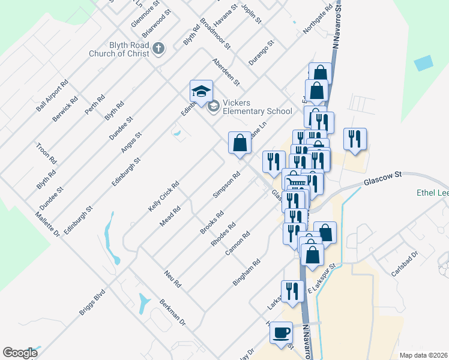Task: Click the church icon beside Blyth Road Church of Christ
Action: [x=158, y=48]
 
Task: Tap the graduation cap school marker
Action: [x=201, y=91]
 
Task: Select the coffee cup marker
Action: [x=280, y=332]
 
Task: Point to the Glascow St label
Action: [x=381, y=178]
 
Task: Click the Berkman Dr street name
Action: [x=173, y=313]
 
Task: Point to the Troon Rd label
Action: [x=47, y=153]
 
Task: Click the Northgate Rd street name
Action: [x=318, y=21]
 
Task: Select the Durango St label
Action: [x=262, y=52]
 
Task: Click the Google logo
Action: [x=20, y=353]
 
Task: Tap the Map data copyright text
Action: [x=423, y=355]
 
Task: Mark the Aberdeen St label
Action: [x=226, y=71]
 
